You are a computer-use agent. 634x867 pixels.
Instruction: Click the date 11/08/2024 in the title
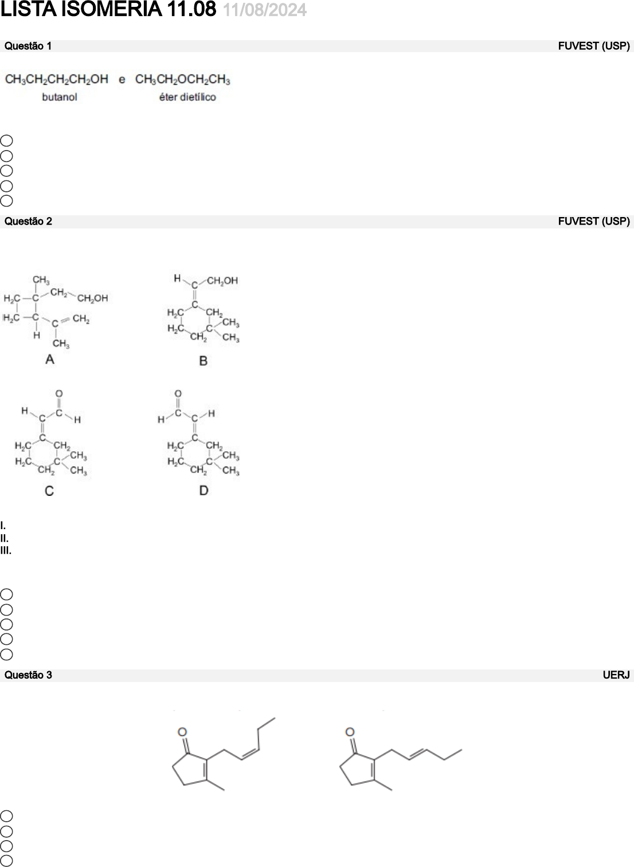[264, 10]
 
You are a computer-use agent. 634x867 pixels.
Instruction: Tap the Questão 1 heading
[28, 46]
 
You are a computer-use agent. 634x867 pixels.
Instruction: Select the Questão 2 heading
[28, 222]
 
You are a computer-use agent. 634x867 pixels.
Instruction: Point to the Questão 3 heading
[28, 675]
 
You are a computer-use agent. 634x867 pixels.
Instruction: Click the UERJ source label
[616, 675]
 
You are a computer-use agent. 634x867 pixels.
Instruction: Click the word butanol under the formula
[60, 97]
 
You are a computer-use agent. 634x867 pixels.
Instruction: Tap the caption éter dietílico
[187, 97]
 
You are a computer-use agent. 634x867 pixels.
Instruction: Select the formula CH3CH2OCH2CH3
[182, 80]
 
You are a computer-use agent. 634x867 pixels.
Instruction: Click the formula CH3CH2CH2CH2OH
[56, 80]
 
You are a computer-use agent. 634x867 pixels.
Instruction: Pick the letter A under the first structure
[50, 360]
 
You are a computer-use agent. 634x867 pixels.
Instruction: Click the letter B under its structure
[203, 361]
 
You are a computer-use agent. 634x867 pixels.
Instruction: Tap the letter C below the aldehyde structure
[49, 491]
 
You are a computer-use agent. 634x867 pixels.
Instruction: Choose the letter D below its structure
[203, 490]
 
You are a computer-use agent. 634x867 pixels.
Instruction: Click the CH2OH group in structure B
[222, 281]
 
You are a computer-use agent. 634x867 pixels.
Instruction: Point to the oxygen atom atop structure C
[59, 394]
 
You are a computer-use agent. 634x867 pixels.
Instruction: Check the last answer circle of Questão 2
[6, 655]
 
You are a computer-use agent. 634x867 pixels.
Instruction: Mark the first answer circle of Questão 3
[6, 816]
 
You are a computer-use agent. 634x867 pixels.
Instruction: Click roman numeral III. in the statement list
[6, 551]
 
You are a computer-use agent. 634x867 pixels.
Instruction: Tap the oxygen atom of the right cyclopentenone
[350, 732]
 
